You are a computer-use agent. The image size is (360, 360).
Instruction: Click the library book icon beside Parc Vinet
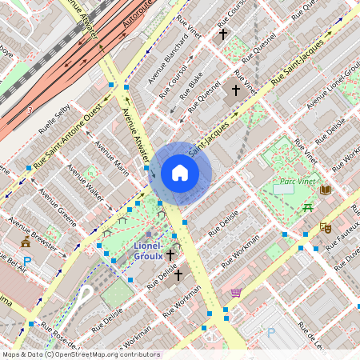point(325,190)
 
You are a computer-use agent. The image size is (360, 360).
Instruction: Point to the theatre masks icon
point(325,227)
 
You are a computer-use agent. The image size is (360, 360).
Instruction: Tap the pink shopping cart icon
point(236,293)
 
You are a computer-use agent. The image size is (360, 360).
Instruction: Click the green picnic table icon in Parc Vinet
point(306,207)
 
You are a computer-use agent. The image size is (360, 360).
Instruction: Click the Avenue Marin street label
point(111,158)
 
